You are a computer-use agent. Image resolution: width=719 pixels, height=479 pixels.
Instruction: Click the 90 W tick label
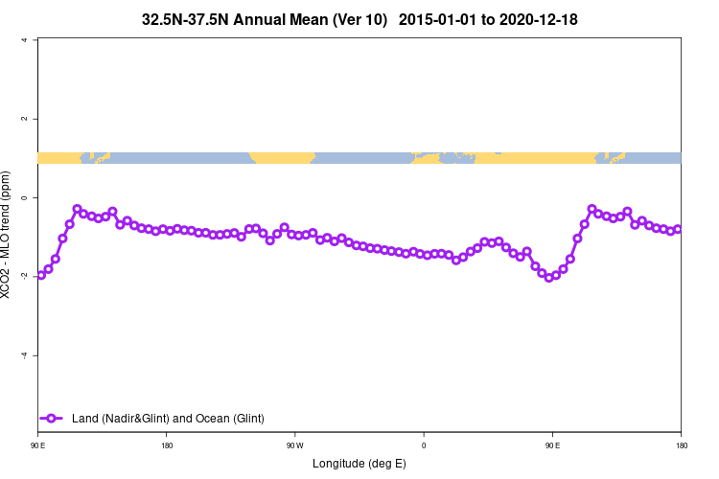coord(294,445)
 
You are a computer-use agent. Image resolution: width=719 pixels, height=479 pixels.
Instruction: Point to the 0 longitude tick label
coord(424,445)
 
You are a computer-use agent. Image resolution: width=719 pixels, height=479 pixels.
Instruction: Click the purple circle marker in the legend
coord(53,418)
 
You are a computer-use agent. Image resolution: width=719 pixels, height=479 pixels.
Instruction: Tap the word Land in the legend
coord(86,419)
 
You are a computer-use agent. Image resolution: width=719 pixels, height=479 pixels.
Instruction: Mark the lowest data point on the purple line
coord(549,278)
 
